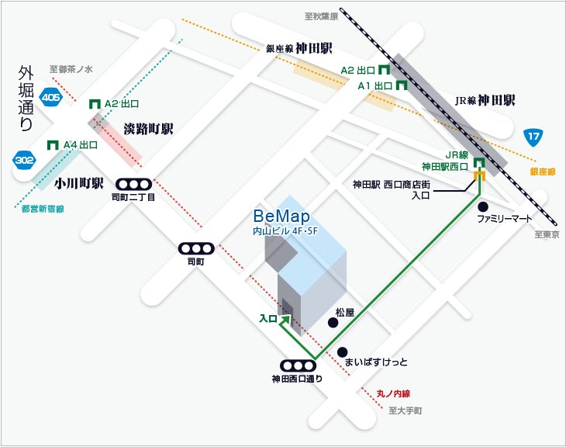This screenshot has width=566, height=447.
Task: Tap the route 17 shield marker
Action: [532, 137]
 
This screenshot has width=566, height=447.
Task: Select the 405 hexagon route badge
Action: [51, 98]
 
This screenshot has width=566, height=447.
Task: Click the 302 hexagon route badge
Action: [24, 159]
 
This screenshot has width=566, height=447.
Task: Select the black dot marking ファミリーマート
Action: [483, 206]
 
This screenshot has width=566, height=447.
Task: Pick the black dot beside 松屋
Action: [332, 323]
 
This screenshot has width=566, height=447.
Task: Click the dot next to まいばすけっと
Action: [343, 351]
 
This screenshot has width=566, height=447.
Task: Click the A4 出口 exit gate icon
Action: [53, 144]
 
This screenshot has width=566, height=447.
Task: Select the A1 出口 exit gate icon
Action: [402, 85]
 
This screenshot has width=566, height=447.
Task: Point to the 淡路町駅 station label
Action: [148, 129]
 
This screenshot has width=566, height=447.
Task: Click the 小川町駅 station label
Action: [79, 185]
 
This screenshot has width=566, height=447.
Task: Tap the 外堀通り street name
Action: [26, 98]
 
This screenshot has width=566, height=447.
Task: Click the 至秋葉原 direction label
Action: [320, 15]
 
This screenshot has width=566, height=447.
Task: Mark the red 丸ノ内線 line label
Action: [393, 394]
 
